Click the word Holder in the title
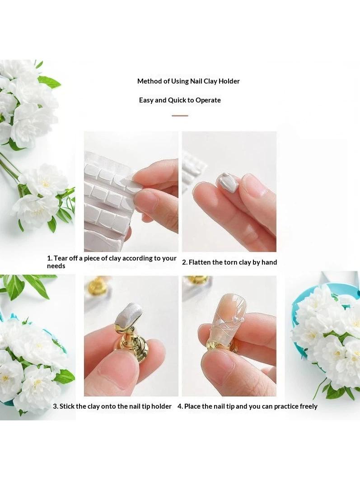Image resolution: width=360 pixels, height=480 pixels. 229,81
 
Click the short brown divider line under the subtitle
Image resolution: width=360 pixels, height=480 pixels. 180,116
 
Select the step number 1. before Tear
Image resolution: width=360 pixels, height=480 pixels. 50,258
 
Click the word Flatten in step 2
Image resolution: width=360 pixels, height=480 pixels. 200,262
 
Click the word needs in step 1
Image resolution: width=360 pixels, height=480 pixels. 56,266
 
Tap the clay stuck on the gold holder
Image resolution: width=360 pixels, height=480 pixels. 129,313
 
